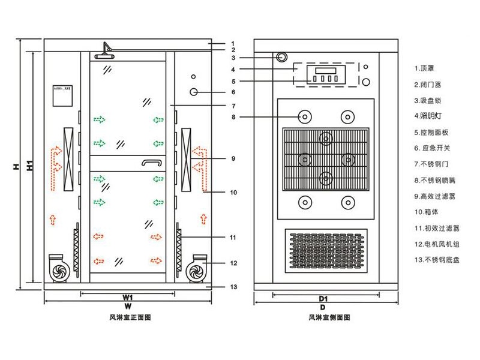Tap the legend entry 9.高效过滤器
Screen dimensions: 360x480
434,196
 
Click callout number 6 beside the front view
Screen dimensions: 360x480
233,92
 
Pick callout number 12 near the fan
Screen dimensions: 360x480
234,263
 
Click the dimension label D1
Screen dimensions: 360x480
323,298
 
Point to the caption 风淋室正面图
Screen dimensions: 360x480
127,317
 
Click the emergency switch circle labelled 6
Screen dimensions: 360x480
194,92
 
